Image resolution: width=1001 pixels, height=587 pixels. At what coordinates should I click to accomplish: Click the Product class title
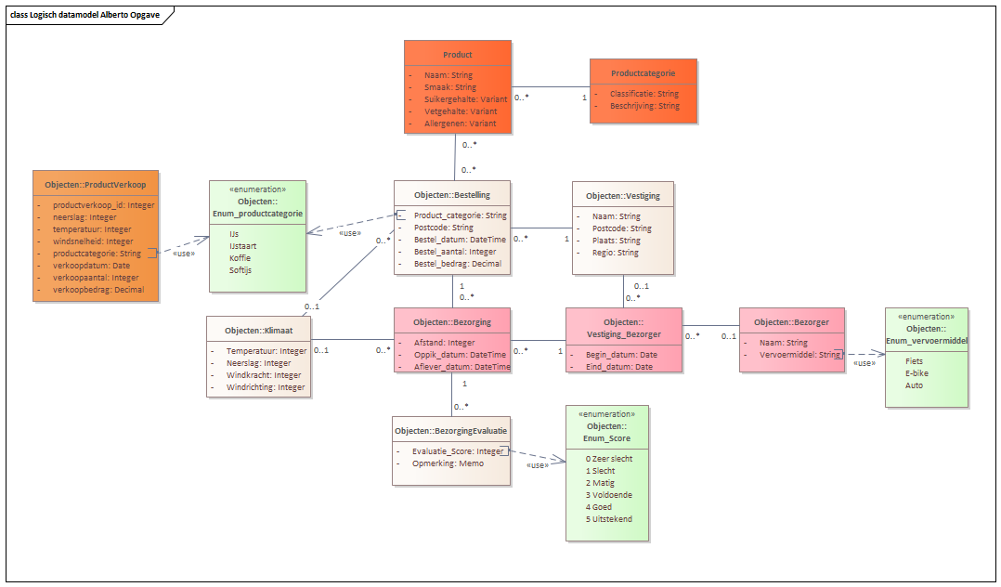(x=458, y=55)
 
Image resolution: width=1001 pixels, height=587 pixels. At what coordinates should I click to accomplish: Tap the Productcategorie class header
(x=643, y=73)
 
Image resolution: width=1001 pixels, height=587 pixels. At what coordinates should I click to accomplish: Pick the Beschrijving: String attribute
(x=644, y=107)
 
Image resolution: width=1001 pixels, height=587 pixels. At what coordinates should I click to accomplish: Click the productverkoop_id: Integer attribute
(x=103, y=205)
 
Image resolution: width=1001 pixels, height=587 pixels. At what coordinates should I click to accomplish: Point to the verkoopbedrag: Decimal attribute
(x=98, y=290)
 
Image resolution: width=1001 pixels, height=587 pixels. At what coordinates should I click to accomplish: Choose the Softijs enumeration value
(x=240, y=270)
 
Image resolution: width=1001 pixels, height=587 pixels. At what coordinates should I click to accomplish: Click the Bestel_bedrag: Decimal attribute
(x=457, y=264)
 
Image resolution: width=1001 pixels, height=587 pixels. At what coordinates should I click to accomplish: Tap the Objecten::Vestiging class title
(x=622, y=197)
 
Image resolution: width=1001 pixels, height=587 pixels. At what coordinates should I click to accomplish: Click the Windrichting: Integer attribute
(x=266, y=387)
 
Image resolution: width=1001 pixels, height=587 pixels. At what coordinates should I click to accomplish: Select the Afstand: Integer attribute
(x=444, y=343)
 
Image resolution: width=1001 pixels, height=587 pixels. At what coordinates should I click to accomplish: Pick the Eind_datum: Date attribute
(x=620, y=367)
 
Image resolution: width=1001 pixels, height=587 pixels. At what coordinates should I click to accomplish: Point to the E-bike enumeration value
(x=917, y=373)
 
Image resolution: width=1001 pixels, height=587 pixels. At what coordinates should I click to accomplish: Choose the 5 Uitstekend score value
(x=609, y=519)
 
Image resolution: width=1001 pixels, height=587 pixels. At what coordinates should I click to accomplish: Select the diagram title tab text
(x=84, y=16)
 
